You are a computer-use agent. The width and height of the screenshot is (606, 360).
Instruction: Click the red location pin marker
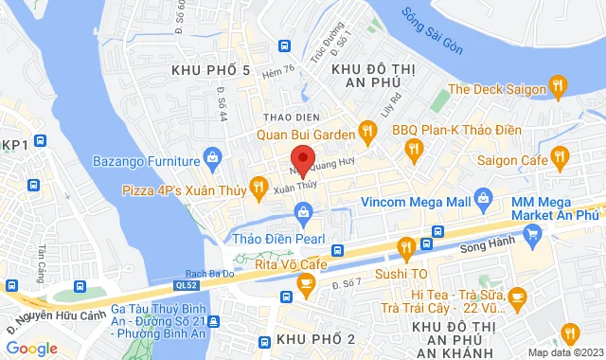pos(301,158)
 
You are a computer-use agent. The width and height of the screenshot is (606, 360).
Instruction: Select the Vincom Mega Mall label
pos(417,201)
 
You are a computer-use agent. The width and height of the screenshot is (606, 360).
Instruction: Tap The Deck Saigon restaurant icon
pos(560,88)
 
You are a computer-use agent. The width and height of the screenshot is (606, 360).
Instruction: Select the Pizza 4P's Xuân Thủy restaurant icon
pos(256,188)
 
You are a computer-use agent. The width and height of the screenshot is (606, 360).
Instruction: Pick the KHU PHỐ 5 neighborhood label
pos(211,70)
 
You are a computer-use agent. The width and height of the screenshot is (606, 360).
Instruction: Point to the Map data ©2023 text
pos(564,352)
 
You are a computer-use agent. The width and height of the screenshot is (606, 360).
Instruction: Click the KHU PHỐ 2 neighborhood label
pos(315,339)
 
